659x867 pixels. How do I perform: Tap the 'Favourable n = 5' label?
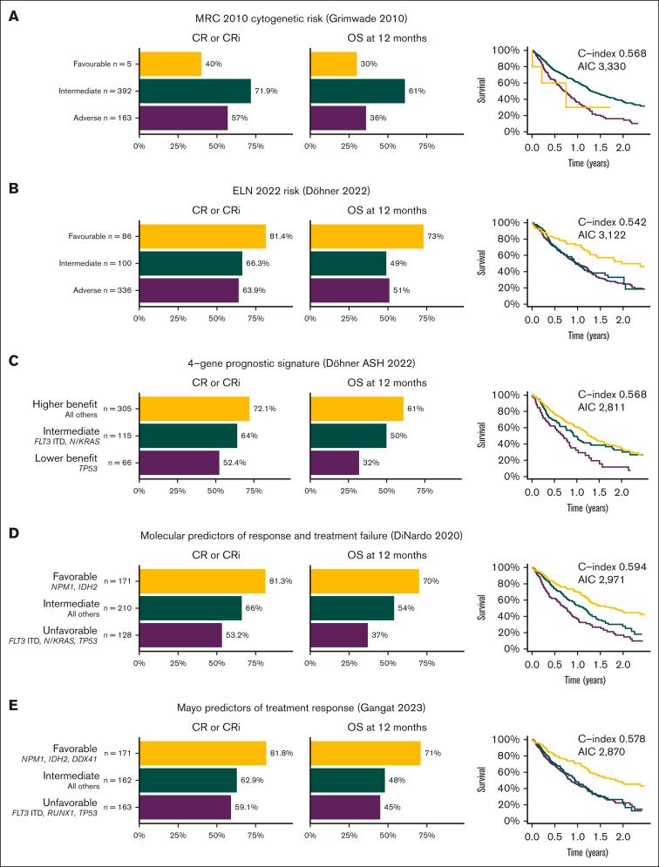click(x=102, y=64)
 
